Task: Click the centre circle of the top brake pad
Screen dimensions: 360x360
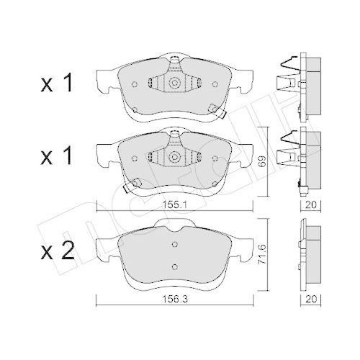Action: click(174, 84)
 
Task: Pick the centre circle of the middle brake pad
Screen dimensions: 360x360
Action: click(174, 156)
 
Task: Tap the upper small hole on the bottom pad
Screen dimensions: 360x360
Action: click(174, 243)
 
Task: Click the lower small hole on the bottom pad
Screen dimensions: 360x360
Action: click(174, 266)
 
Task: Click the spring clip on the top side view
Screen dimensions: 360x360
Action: click(287, 75)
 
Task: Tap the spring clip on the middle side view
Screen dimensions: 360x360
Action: click(287, 148)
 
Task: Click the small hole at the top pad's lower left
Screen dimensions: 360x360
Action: click(137, 109)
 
